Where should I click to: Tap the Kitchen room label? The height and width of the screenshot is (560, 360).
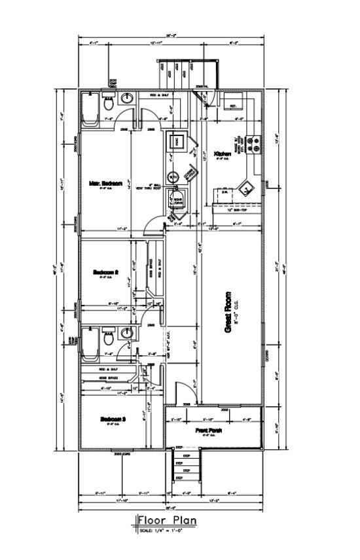coord(223,154)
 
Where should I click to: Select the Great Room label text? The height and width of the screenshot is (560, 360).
coord(228,313)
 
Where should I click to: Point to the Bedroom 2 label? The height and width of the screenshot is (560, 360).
coord(105,271)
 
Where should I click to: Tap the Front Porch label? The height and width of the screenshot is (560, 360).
coord(209,430)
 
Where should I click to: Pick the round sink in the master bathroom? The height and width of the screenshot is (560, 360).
coord(128,99)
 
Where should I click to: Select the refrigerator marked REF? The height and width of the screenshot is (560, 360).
coord(232,102)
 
